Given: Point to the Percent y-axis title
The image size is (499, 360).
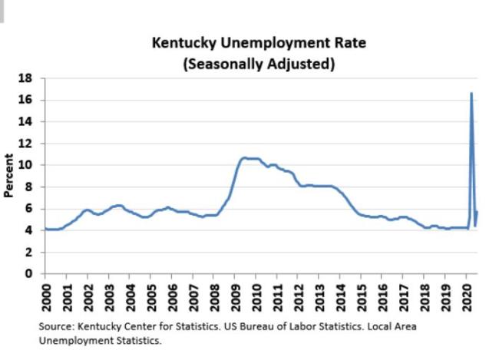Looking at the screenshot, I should (9, 176).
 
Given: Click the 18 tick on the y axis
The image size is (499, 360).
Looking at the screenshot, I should (26, 78).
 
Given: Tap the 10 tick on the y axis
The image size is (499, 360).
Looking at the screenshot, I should (26, 165).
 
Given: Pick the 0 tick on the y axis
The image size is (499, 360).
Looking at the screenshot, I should (30, 274).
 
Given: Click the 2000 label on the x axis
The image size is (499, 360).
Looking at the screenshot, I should (45, 296).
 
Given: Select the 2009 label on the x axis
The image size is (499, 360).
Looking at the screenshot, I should (238, 296).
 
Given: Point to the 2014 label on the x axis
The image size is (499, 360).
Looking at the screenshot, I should (341, 296).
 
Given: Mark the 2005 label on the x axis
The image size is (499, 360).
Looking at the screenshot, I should (152, 296).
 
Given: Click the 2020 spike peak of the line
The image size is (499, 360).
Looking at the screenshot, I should (471, 94).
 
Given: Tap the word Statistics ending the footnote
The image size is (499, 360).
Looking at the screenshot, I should (139, 340).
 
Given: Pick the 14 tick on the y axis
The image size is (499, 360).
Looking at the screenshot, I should (26, 121).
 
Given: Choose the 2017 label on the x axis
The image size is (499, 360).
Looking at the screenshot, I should (404, 296).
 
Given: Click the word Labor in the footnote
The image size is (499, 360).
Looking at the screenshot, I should (289, 326).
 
